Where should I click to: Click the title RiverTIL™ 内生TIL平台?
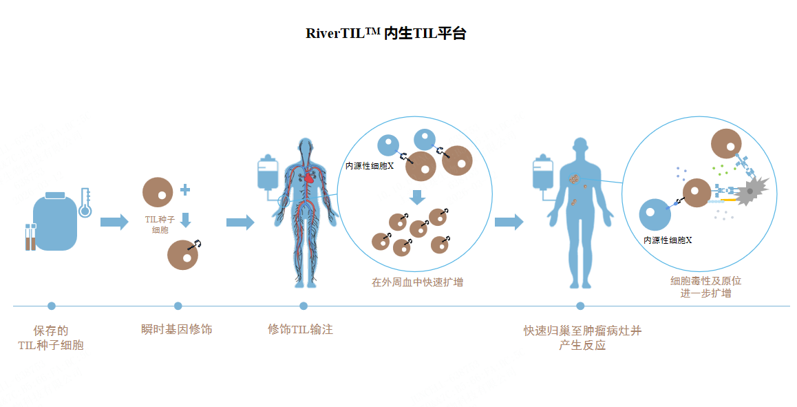click(x=385, y=34)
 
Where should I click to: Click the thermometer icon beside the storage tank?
click(x=85, y=202)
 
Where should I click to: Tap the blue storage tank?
click(x=55, y=222)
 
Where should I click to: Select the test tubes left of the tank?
click(x=30, y=237)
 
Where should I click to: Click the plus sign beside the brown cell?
click(x=185, y=190)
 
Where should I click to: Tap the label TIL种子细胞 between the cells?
click(x=160, y=225)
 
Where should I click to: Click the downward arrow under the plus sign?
click(x=185, y=219)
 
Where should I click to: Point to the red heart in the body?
click(x=310, y=176)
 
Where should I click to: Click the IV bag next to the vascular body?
click(x=267, y=174)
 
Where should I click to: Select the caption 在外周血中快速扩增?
click(x=417, y=282)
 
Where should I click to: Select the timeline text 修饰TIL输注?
click(x=300, y=329)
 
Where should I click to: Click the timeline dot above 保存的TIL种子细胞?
click(x=52, y=306)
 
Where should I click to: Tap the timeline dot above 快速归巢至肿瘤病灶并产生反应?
click(x=580, y=306)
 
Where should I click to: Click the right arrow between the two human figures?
click(x=509, y=222)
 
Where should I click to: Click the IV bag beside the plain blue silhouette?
click(x=542, y=174)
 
